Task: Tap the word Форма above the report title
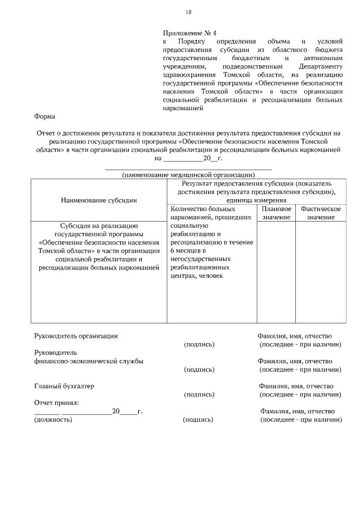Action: [x=44, y=116]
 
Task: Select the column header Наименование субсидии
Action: [x=99, y=200]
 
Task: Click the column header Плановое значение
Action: [x=276, y=213]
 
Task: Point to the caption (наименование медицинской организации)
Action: [x=188, y=175]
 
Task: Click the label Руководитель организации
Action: [x=76, y=336]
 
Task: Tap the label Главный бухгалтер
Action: [x=64, y=386]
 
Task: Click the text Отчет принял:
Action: [x=56, y=402]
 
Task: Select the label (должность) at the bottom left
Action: [x=53, y=420]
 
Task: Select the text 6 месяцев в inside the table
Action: [x=188, y=251]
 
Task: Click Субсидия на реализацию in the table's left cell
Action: [x=98, y=226]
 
